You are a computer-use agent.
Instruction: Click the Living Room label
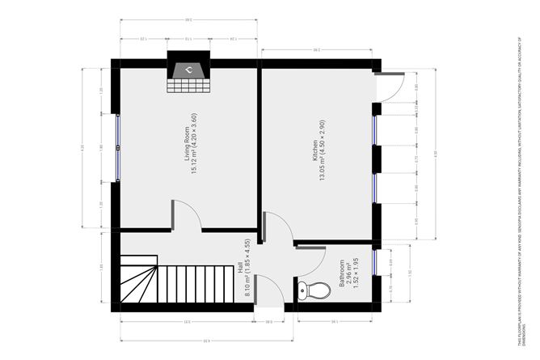click(187, 146)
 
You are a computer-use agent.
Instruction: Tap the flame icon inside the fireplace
click(188, 70)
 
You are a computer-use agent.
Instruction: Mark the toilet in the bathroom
click(314, 289)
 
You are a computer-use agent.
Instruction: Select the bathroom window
click(377, 263)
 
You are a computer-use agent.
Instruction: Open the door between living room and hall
click(186, 215)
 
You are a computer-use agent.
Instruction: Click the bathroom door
click(310, 259)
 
